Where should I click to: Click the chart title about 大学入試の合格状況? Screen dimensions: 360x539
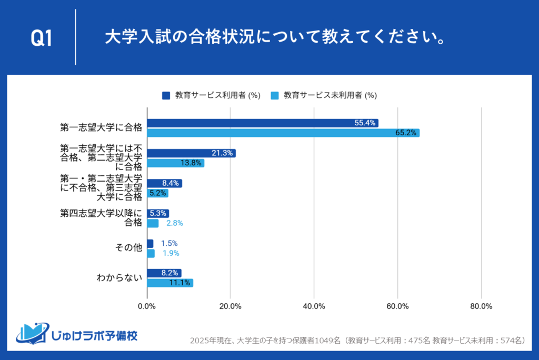[x=273, y=37]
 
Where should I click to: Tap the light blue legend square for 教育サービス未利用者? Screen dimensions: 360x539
[x=274, y=95]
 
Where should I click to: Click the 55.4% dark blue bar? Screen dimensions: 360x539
[x=262, y=123]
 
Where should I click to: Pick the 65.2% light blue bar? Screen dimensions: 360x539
[x=283, y=133]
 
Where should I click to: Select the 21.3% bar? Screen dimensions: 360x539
[x=191, y=153]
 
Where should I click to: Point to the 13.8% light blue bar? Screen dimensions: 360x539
[x=175, y=163]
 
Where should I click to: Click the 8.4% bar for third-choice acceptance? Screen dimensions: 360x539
[x=164, y=183]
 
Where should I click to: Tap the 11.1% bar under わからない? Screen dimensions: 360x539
[x=169, y=283]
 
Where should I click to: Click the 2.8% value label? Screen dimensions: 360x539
[x=174, y=223]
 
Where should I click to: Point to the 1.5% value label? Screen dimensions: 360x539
[x=169, y=243]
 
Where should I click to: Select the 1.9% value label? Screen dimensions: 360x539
[x=171, y=253]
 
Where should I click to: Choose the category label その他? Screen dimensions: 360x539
[x=129, y=248]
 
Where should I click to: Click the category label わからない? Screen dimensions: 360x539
[x=119, y=278]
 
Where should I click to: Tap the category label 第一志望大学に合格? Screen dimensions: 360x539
[x=101, y=128]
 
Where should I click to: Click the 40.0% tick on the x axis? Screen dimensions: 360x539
[x=314, y=306]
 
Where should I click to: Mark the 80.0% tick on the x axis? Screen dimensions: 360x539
[x=481, y=306]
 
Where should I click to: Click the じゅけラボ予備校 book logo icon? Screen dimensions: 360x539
[x=32, y=332]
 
